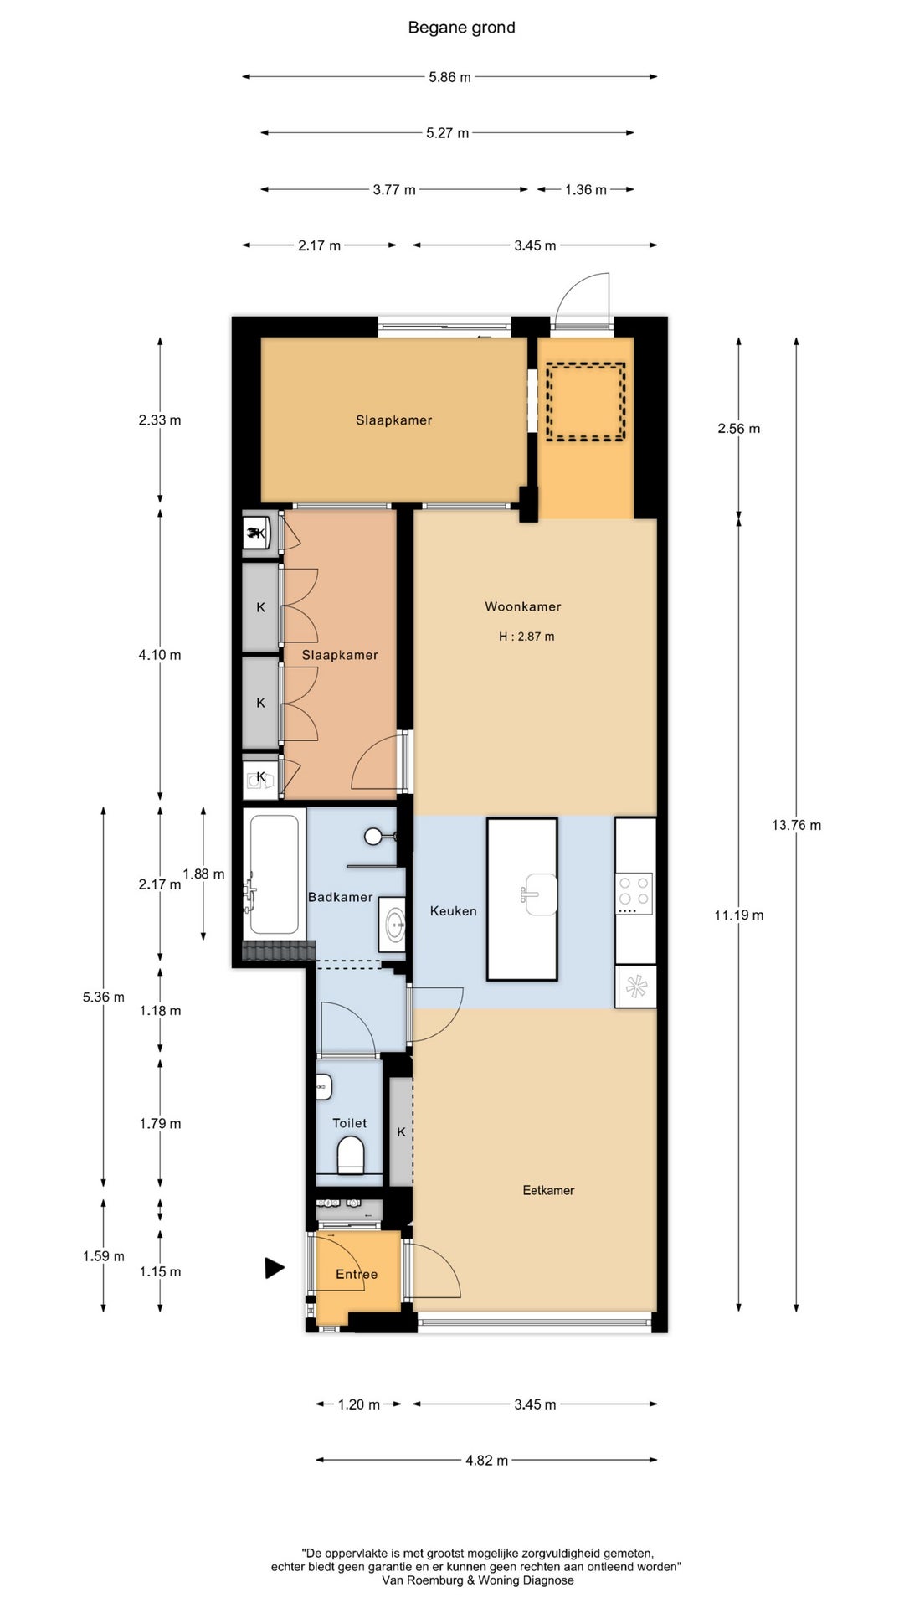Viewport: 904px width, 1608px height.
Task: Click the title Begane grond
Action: coord(461,28)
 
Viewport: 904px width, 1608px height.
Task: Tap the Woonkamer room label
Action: coord(523,606)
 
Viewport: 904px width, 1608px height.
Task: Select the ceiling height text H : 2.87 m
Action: coord(526,636)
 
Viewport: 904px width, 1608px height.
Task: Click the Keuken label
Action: coord(453,910)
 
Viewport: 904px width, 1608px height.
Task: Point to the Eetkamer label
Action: coord(548,1190)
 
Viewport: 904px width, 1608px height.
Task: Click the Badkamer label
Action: coord(340,897)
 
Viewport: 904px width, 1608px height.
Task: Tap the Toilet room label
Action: coord(349,1123)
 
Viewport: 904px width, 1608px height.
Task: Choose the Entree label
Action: coord(357,1274)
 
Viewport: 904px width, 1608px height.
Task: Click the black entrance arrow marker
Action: coord(275,1268)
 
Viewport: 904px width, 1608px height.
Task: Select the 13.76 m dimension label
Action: coord(796,825)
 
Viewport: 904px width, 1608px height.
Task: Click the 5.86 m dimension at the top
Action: coord(449,77)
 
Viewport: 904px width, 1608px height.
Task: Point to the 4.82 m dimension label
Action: coord(486,1460)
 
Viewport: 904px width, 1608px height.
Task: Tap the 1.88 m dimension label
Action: coord(203,874)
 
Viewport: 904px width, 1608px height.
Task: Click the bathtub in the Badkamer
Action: coord(273,874)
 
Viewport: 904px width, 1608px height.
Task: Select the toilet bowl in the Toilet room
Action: coord(351,1159)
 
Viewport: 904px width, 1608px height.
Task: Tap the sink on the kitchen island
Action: coord(538,894)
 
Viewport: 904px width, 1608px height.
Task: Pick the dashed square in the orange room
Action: coord(586,401)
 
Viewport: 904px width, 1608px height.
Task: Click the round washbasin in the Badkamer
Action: coord(394,925)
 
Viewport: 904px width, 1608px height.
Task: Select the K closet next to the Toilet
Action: coord(401,1131)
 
